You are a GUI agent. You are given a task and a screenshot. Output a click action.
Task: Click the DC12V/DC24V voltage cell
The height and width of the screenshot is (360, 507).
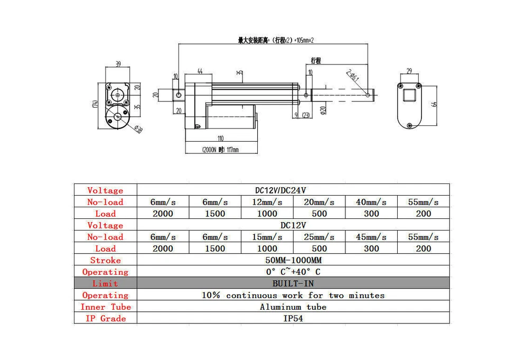293,190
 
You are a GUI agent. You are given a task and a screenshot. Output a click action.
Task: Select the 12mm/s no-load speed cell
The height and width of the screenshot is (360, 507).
267,202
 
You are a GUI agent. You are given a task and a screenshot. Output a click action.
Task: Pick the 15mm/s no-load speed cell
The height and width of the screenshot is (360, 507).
267,237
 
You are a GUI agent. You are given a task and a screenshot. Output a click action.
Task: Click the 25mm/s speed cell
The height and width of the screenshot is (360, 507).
319,237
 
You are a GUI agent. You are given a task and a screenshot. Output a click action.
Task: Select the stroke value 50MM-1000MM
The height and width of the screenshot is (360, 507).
293,260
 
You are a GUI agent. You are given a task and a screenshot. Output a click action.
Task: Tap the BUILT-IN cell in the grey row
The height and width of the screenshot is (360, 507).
293,283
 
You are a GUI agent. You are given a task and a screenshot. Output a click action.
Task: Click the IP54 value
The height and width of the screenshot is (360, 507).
293,318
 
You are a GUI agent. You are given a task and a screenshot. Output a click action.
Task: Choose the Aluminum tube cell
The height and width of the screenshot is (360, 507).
293,307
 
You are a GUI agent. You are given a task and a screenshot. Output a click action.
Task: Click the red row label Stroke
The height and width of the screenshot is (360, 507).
105,260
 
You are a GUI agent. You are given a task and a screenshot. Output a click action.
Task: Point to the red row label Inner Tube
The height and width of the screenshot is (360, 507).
105,307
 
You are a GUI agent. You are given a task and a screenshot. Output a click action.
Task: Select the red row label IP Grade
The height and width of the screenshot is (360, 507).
105,318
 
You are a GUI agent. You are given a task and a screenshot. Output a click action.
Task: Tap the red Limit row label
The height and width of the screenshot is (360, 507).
105,283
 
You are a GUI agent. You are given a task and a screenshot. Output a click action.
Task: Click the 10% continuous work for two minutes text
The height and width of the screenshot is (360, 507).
293,295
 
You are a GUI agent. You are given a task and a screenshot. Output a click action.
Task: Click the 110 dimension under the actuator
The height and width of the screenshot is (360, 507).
220,139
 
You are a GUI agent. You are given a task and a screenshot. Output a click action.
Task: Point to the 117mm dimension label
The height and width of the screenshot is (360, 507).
220,150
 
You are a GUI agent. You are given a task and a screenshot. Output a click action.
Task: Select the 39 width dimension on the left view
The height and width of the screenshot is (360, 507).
118,64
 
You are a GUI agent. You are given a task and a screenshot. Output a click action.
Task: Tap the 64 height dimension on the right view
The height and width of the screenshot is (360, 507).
434,104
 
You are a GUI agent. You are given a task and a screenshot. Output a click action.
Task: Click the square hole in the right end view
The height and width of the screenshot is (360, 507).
410,96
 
